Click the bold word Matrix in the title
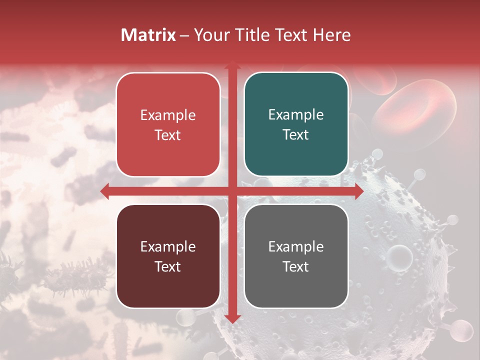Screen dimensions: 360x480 (x=148, y=35)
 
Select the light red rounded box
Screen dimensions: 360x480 (x=168, y=124)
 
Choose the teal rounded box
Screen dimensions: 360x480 (x=296, y=124)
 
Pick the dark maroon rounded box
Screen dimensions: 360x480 (x=168, y=256)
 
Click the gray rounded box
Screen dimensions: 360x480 (x=296, y=256)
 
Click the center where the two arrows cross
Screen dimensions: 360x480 (x=232, y=191)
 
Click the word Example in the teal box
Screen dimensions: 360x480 (x=296, y=115)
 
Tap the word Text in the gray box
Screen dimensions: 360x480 (x=296, y=267)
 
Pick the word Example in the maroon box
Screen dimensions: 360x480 (x=168, y=246)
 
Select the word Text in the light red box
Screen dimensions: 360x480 (x=168, y=135)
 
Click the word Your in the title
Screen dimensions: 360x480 (x=210, y=35)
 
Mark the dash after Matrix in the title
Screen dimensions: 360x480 (x=184, y=35)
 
